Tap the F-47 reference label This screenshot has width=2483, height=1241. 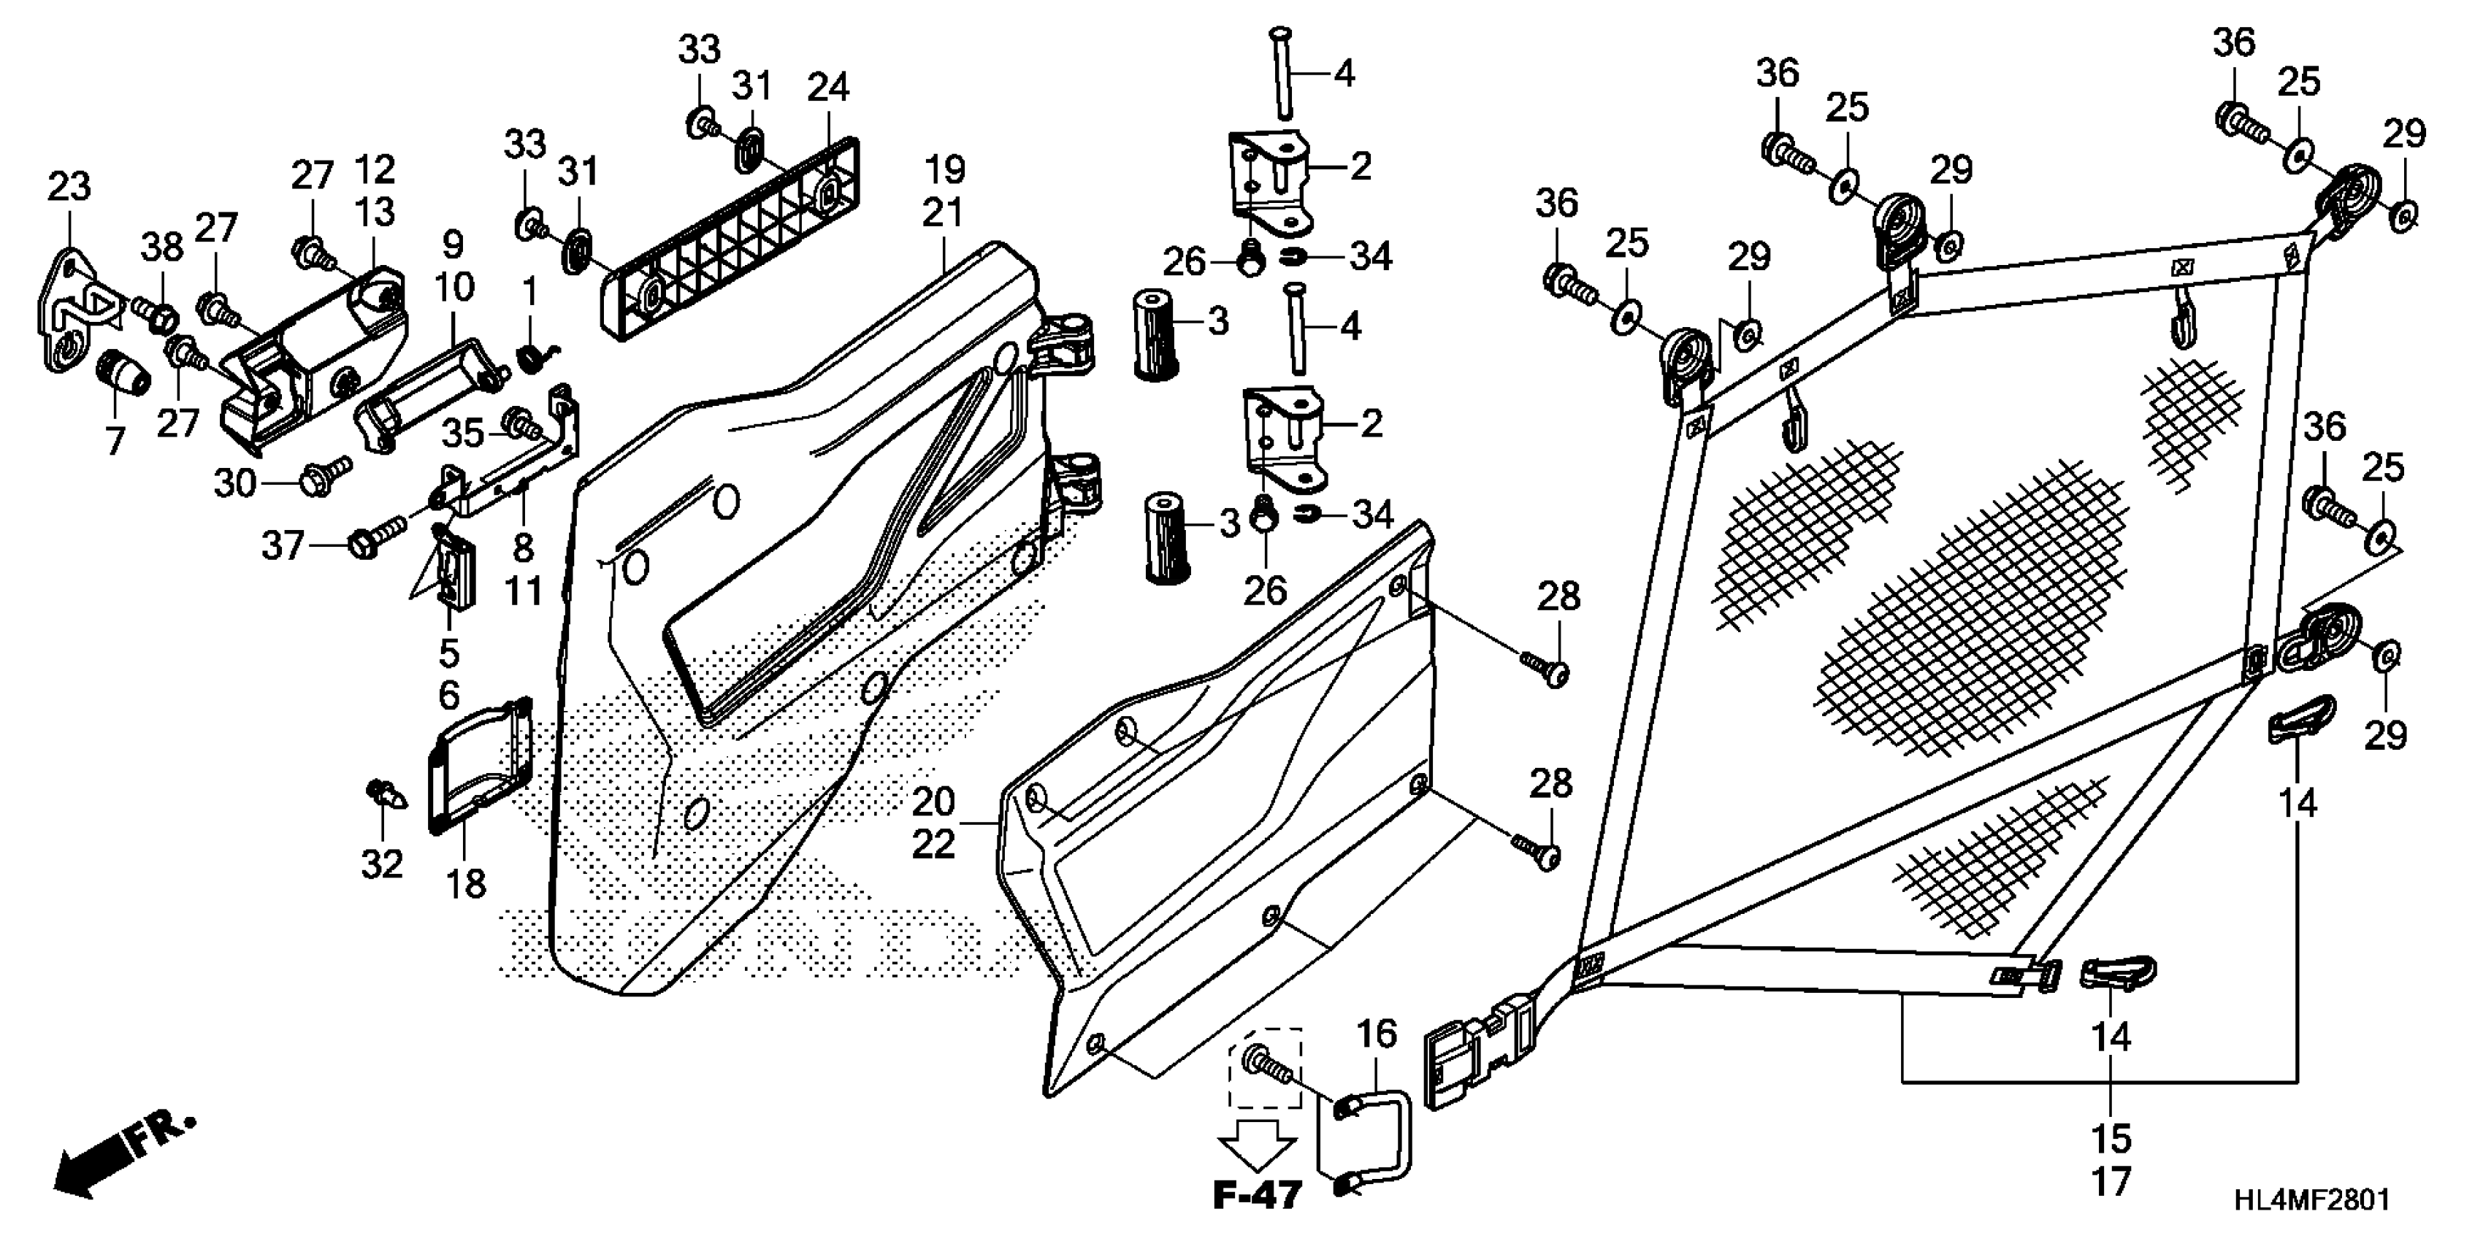[1257, 1196]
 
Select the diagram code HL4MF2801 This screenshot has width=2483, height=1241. [2312, 1199]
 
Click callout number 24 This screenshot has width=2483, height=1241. [828, 88]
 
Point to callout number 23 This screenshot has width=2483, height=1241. [69, 186]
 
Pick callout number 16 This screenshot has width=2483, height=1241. [1377, 1034]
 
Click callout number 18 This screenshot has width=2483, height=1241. [467, 883]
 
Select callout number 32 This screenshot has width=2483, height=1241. [382, 864]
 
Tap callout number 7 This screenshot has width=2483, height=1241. [115, 442]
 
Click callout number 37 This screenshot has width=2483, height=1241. [283, 546]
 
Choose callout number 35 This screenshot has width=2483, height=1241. [463, 434]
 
